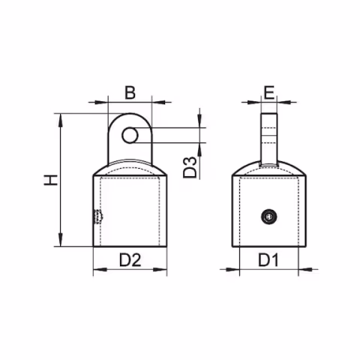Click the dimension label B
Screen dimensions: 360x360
click(130, 93)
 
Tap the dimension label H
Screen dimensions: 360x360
click(49, 180)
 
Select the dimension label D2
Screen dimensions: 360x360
click(130, 260)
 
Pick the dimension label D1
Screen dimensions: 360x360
click(268, 260)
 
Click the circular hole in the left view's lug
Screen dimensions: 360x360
click(130, 135)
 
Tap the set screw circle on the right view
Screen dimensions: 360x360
click(268, 217)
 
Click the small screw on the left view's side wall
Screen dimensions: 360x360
click(96, 217)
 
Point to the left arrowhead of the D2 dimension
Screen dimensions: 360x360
click(97, 270)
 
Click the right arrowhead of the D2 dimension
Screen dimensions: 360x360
click(163, 270)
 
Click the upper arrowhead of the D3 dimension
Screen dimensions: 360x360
click(200, 123)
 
